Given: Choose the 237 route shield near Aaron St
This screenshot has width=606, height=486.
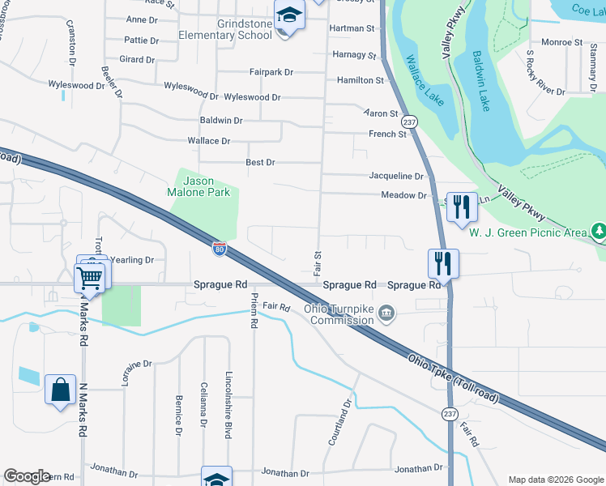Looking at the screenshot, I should coord(410,122).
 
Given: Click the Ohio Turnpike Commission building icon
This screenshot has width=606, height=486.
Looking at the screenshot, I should coord(386,313).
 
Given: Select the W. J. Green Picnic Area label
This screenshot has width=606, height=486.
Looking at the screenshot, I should coord(528,233).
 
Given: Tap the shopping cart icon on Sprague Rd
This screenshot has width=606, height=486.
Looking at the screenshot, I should coord(89,279).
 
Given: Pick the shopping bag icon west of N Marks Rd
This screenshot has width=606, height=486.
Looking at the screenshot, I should coord(61,390).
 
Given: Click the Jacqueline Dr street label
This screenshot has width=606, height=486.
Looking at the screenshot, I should coord(396,176).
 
